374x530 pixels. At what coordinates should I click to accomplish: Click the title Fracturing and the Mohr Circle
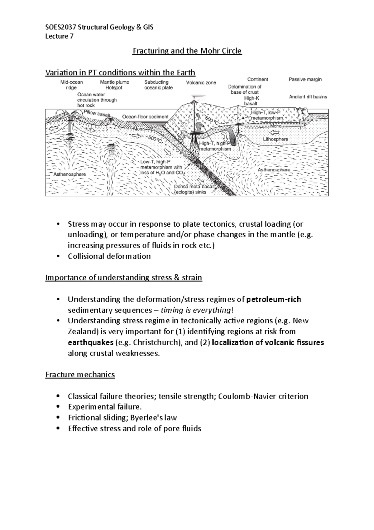tap(187, 51)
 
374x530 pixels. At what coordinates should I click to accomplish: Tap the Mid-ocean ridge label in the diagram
tap(72, 85)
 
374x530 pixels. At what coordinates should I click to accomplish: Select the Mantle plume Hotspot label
tap(114, 85)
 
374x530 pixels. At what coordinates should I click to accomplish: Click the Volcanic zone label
tap(201, 83)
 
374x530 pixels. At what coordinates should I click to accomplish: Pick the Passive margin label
tap(305, 79)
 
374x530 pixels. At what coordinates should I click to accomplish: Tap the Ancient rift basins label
tap(308, 97)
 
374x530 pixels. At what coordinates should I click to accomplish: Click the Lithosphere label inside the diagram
tap(276, 139)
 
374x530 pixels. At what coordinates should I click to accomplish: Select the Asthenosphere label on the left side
tap(70, 174)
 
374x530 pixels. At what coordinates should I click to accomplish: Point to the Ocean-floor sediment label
tap(145, 117)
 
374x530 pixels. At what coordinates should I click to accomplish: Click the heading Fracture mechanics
tap(80, 375)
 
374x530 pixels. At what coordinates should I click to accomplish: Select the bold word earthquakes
tap(90, 342)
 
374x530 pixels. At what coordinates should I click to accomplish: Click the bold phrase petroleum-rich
tap(273, 300)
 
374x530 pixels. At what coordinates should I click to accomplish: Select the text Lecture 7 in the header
tap(59, 36)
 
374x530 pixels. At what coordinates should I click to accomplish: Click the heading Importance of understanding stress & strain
tap(124, 277)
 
